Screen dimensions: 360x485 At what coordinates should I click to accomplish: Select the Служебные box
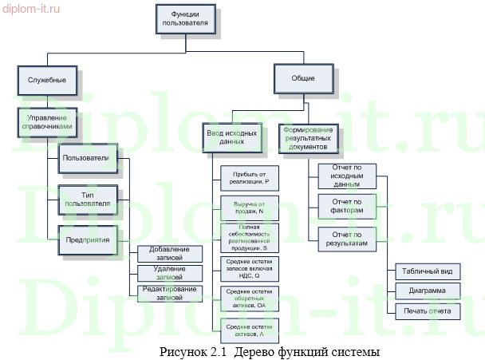click(47, 81)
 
